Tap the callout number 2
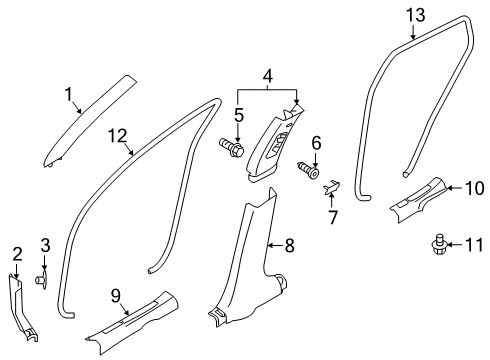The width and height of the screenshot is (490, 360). point(16,253)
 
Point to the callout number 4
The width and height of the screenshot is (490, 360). point(267,75)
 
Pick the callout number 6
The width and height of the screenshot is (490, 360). point(316,144)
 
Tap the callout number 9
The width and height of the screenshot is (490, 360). point(117,295)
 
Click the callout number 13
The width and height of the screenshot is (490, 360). point(415,14)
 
